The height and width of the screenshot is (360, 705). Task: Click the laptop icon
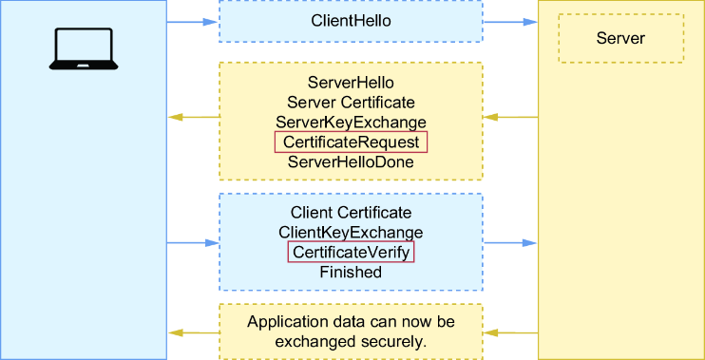pyautogui.click(x=84, y=48)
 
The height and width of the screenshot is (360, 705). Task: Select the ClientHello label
pyautogui.click(x=351, y=21)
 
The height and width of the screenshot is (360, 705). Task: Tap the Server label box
pyautogui.click(x=621, y=38)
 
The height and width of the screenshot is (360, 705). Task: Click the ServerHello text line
pyautogui.click(x=351, y=83)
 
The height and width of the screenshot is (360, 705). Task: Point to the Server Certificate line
pyautogui.click(x=351, y=103)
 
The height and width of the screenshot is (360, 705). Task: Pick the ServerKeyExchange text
pyautogui.click(x=351, y=123)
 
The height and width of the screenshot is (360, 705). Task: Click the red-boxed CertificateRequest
pyautogui.click(x=351, y=142)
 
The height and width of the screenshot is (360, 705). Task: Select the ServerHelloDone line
pyautogui.click(x=351, y=161)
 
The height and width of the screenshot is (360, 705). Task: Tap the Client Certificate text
pyautogui.click(x=351, y=212)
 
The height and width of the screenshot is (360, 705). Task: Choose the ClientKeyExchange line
pyautogui.click(x=351, y=233)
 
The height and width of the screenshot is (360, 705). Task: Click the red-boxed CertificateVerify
pyautogui.click(x=351, y=252)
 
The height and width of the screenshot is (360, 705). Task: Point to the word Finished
pyautogui.click(x=351, y=272)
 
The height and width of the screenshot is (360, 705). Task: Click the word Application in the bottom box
pyautogui.click(x=284, y=322)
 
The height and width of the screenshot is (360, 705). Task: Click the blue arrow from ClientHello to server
pyautogui.click(x=510, y=22)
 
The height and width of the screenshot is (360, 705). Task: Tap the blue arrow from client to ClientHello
pyautogui.click(x=193, y=22)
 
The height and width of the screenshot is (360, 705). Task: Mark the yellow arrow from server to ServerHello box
pyautogui.click(x=510, y=117)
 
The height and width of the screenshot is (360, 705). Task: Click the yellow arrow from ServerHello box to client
pyautogui.click(x=194, y=117)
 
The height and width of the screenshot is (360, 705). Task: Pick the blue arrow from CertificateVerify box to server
pyautogui.click(x=510, y=243)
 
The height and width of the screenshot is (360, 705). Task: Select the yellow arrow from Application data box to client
pyautogui.click(x=194, y=333)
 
